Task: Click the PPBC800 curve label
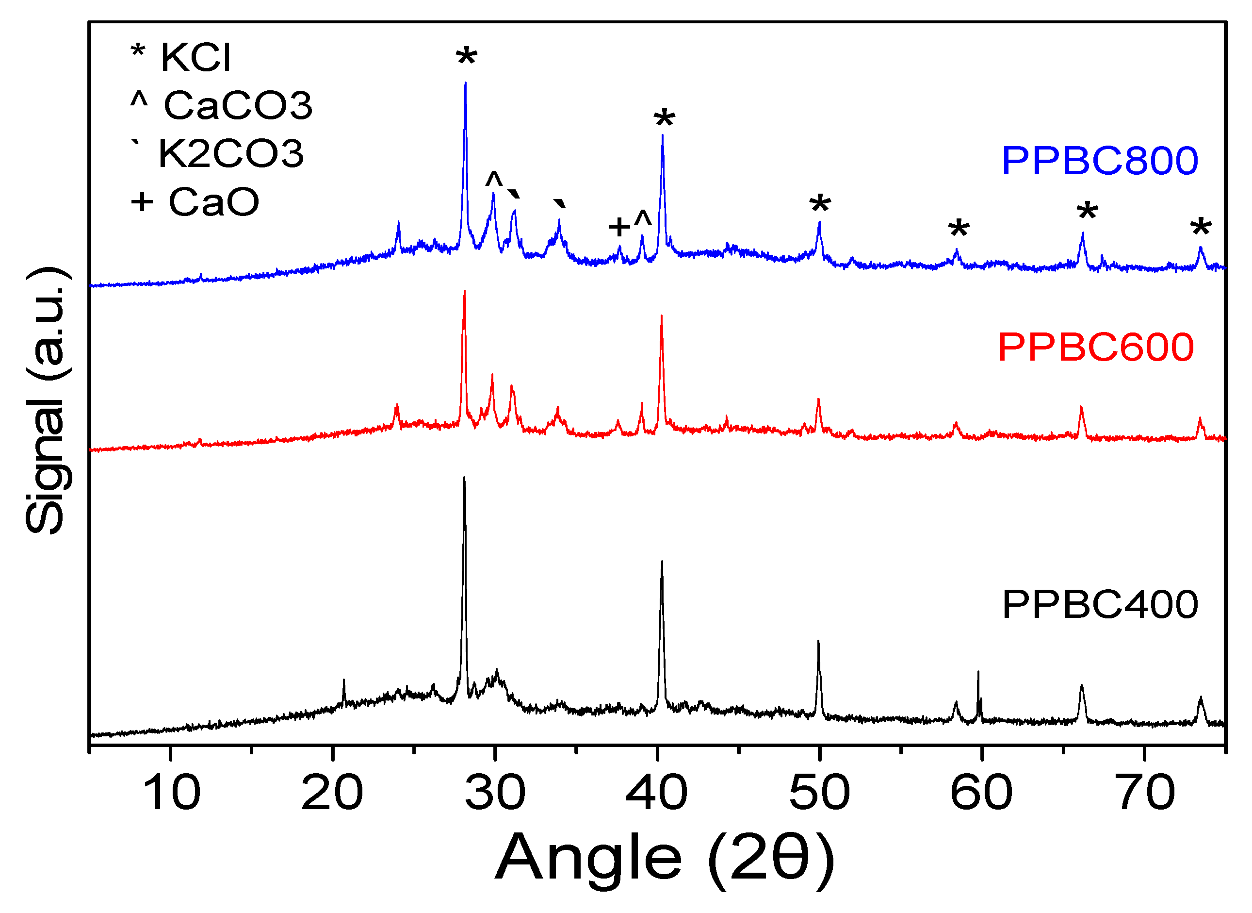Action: pos(1099,161)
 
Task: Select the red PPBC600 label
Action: pos(1096,348)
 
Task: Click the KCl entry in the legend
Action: pos(181,56)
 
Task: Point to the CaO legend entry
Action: pos(195,202)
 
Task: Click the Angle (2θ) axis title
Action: pos(665,857)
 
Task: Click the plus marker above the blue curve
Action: pos(619,227)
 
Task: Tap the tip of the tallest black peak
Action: pos(464,478)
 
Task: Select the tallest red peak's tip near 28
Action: pos(464,292)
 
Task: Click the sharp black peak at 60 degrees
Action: pos(978,673)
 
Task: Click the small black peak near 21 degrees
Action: pos(343,681)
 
